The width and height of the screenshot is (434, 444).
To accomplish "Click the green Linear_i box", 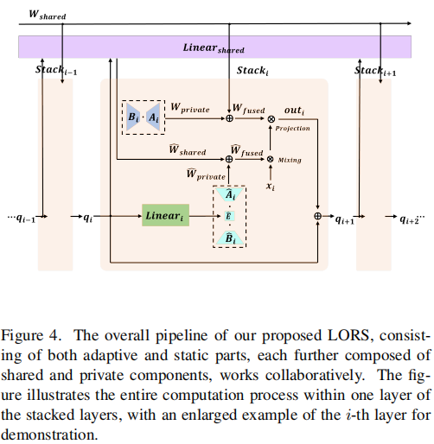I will pos(165,216).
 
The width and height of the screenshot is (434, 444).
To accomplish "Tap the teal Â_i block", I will pos(229,197).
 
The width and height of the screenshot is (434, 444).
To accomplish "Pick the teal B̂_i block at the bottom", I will pos(229,237).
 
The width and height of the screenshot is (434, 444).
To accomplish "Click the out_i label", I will pos(296,111).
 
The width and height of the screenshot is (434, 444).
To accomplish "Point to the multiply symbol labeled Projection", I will pos(271,119).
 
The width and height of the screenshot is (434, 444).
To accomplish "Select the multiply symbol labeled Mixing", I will pos(270,159).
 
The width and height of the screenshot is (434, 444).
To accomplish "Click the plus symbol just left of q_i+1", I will pos(318,216).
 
